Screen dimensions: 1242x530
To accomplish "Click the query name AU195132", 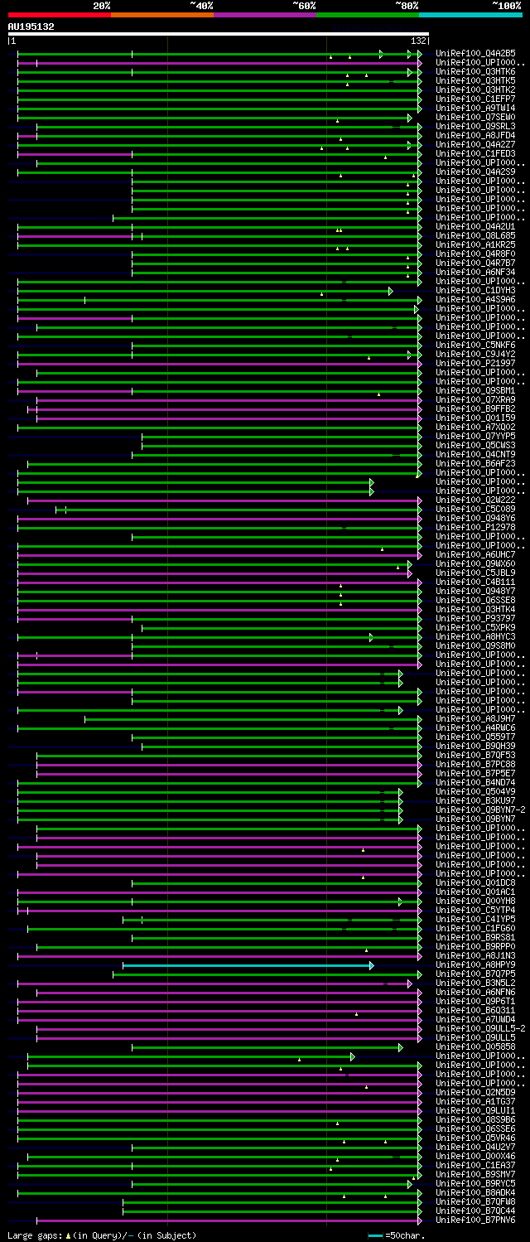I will (31, 27).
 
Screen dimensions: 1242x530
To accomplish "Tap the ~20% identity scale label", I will (102, 6).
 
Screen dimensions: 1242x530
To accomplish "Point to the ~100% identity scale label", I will (506, 6).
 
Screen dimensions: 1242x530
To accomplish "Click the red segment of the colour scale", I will (59, 15).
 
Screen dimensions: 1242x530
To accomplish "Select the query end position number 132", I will (418, 41).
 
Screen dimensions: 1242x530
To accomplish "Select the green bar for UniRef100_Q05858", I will (265, 1047).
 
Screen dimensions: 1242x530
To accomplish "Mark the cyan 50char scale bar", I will (376, 1235).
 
